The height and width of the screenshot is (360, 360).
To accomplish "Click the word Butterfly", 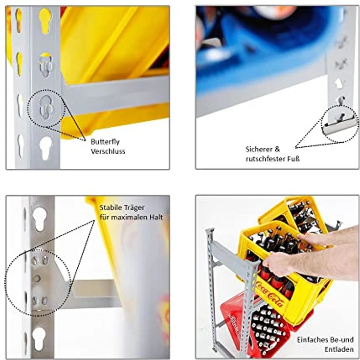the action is coord(105,142).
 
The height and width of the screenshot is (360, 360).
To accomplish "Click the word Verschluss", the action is coord(108,151).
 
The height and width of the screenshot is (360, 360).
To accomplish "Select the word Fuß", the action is coord(294,158).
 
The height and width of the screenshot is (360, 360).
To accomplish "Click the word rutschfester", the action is coord(266,158).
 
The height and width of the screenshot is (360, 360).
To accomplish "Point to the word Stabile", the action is coord(110,207).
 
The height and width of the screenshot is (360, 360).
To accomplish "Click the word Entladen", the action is coord(339,349).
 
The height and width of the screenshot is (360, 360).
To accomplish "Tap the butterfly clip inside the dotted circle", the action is coord(46,107).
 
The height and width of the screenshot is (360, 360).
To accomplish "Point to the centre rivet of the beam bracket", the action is coord(37,278).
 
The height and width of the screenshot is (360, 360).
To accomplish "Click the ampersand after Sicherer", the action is coord(277,150).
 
